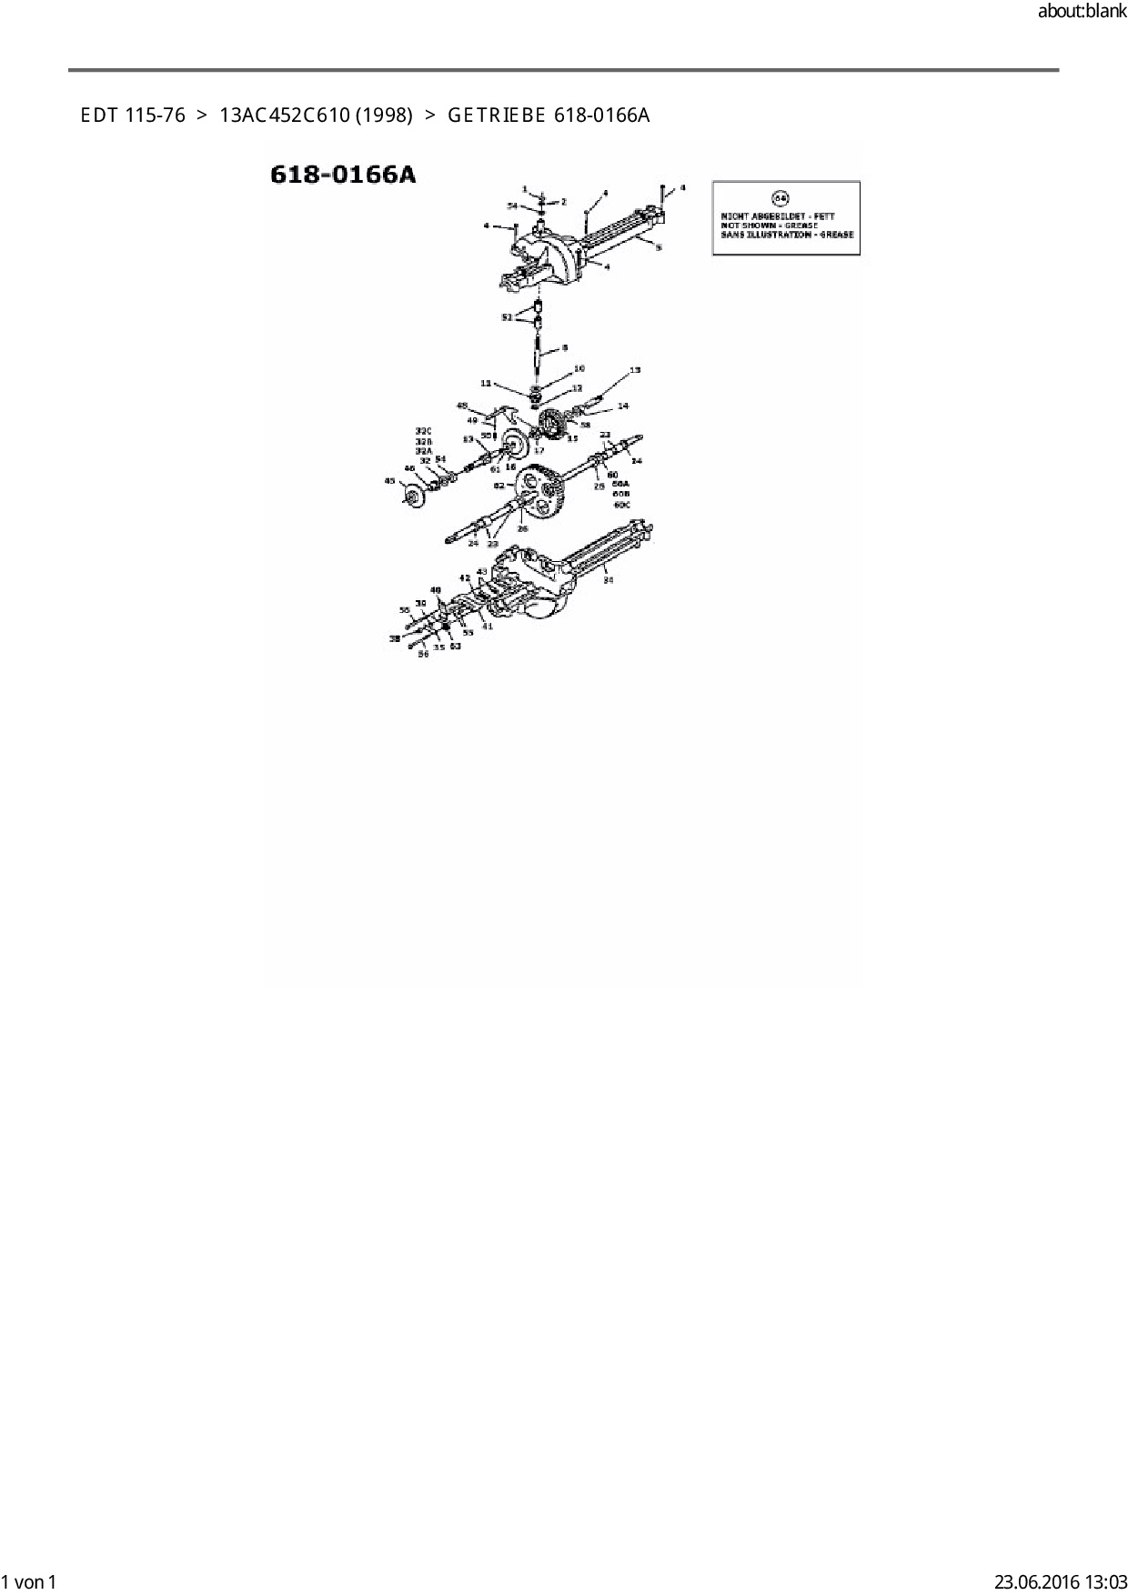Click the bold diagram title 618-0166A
(343, 175)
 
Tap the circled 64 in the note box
(780, 197)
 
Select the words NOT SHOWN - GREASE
(769, 226)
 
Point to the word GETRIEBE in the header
(496, 115)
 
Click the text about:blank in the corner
(1082, 13)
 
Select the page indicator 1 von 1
(30, 1581)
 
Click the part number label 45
(389, 480)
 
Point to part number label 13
(635, 370)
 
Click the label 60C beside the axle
(622, 504)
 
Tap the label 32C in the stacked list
(423, 430)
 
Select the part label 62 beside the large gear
(499, 486)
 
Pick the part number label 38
(395, 638)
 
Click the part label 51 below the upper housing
(507, 317)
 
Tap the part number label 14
(622, 406)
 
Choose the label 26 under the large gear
(522, 528)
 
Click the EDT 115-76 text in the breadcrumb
(133, 115)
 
